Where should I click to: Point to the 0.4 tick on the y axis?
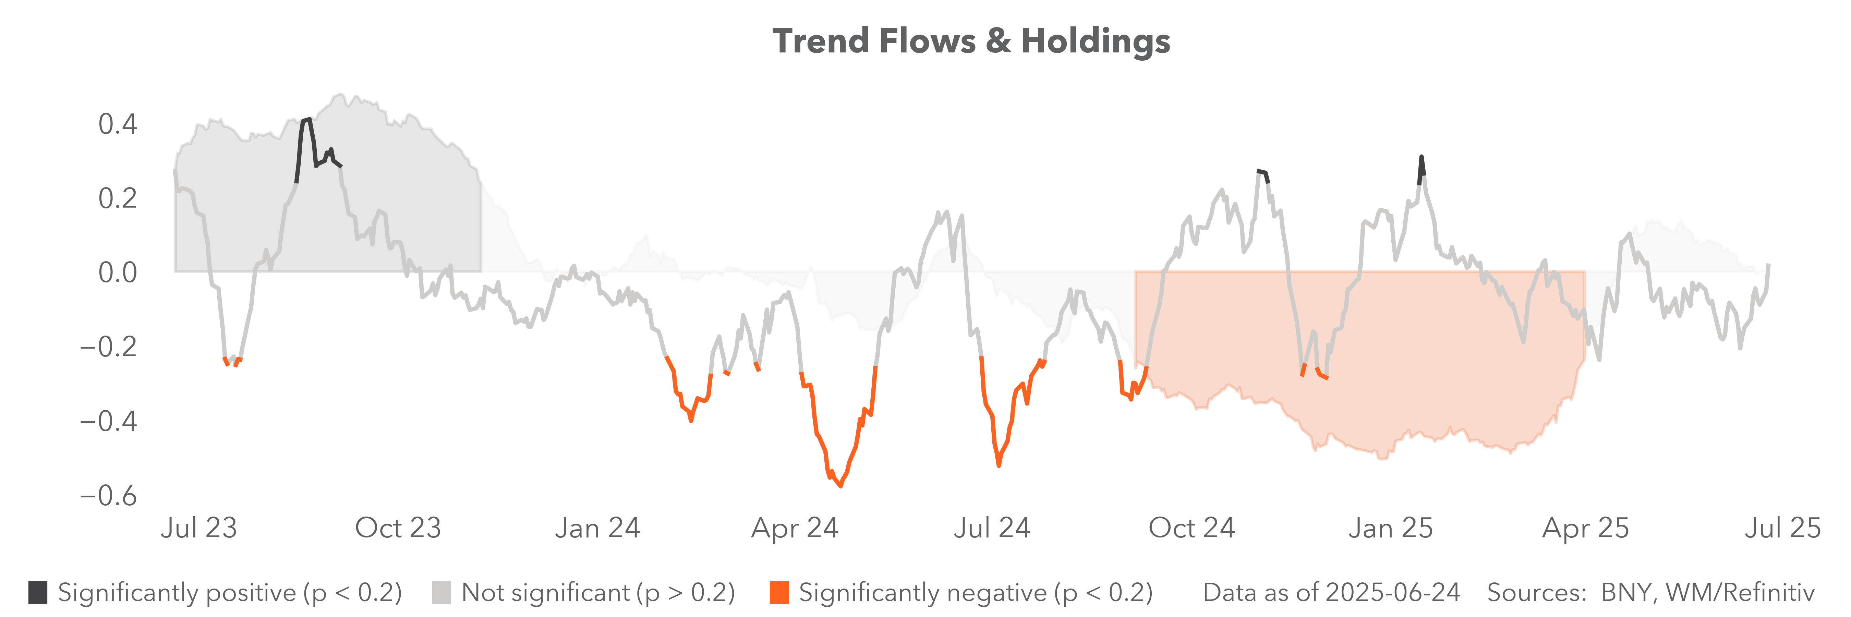(117, 124)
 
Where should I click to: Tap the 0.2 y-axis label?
(117, 198)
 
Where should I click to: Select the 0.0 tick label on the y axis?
(117, 272)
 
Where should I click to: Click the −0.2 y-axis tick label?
(108, 347)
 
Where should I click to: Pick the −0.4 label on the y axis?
(108, 421)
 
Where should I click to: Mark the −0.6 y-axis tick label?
(108, 496)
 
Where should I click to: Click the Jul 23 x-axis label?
(198, 528)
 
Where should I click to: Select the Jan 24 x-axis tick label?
(597, 528)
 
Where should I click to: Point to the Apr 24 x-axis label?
(795, 528)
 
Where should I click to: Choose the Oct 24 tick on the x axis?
(1191, 528)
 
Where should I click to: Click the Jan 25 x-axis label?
(1390, 528)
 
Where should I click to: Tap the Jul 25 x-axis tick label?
(1782, 528)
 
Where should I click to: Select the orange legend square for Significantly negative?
(779, 593)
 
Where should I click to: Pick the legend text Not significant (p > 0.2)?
(598, 593)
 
